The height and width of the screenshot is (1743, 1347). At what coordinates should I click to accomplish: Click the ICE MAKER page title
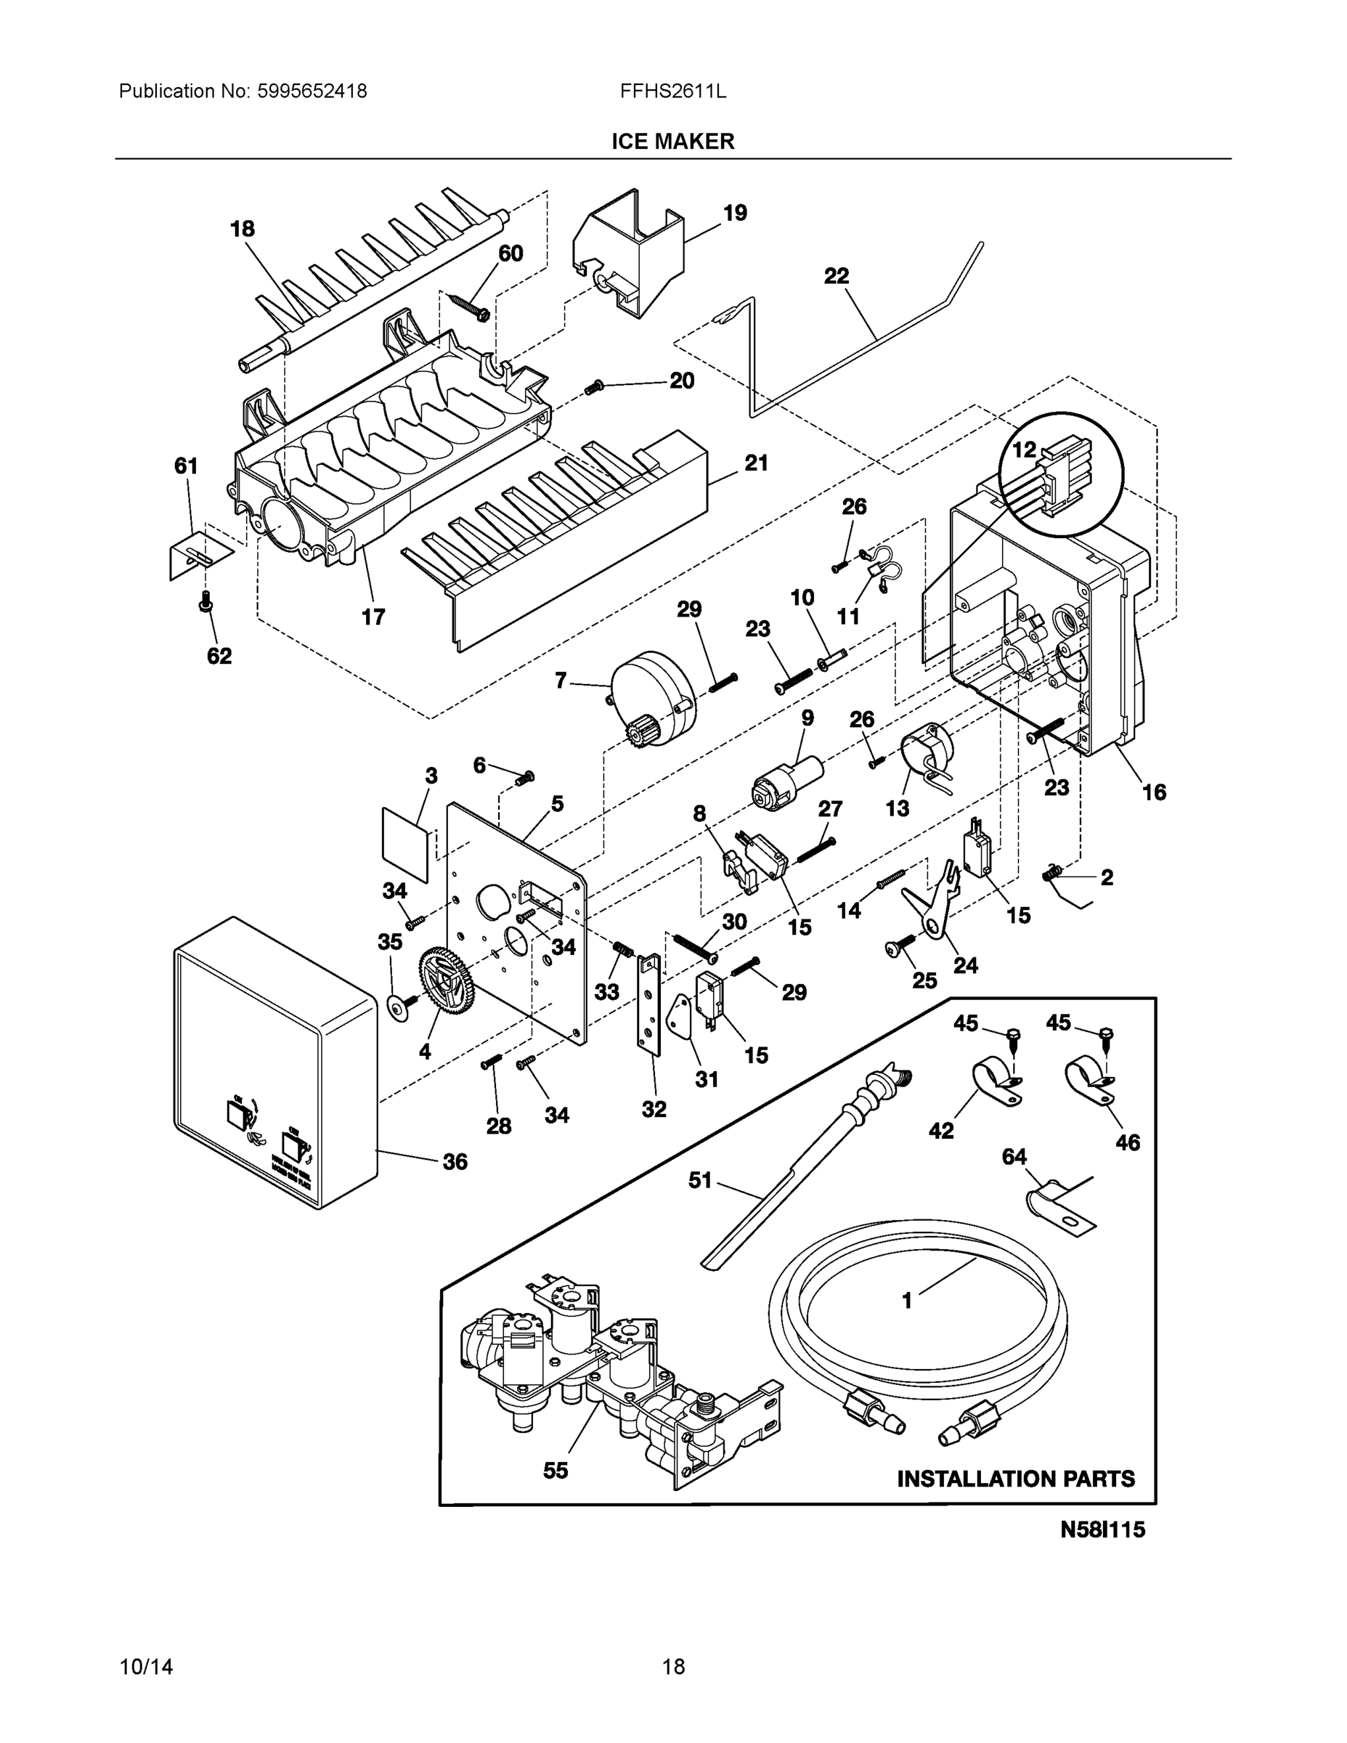point(672,142)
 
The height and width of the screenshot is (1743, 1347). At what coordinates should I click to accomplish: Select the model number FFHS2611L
point(672,92)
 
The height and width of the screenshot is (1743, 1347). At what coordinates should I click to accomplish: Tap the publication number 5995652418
point(312,92)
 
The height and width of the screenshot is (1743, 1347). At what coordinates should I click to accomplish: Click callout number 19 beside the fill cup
point(734,213)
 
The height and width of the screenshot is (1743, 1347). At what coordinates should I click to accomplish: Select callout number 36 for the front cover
point(455,1161)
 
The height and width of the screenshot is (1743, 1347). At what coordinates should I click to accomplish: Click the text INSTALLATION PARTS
point(1015,1479)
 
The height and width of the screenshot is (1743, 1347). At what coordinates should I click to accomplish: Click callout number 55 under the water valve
point(556,1470)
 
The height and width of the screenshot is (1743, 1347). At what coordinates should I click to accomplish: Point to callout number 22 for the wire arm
point(837,276)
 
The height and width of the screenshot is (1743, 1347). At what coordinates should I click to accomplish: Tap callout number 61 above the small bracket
point(186,466)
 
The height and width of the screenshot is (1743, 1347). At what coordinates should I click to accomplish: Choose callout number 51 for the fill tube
point(700,1179)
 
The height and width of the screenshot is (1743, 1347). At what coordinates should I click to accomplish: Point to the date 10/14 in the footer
point(146,1667)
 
